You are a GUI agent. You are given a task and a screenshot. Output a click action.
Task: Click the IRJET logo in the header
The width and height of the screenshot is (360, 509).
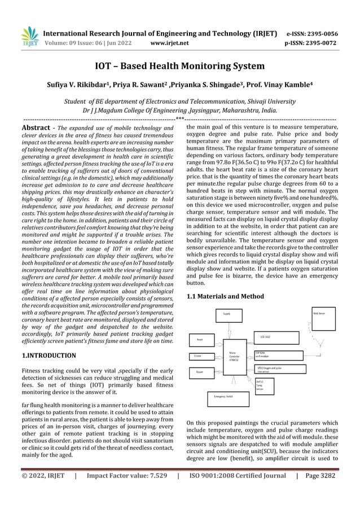click(x=30, y=36)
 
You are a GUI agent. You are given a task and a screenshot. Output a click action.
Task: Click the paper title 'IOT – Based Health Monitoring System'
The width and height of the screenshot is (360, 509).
click(x=180, y=66)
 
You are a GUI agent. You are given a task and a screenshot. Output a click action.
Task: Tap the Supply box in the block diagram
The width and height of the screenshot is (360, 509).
click(x=226, y=313)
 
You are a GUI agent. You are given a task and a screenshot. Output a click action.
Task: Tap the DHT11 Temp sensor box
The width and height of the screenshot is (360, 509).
click(x=264, y=385)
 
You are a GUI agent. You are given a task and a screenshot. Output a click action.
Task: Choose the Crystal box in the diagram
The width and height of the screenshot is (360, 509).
click(x=200, y=356)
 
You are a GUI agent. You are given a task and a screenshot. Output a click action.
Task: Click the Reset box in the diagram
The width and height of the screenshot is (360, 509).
click(x=200, y=339)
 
